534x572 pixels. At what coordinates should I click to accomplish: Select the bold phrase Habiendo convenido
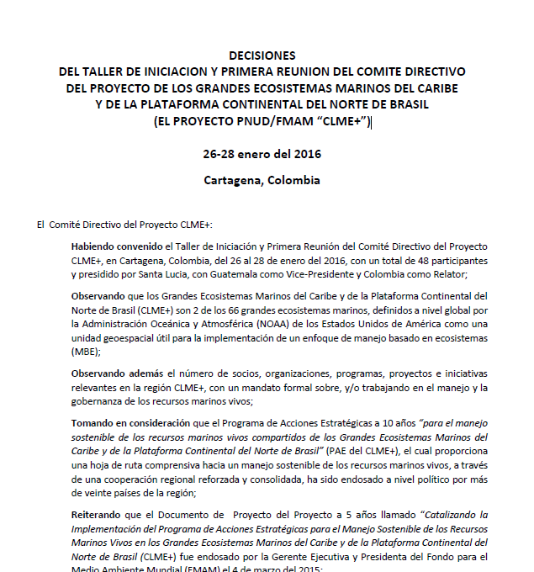(x=117, y=246)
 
